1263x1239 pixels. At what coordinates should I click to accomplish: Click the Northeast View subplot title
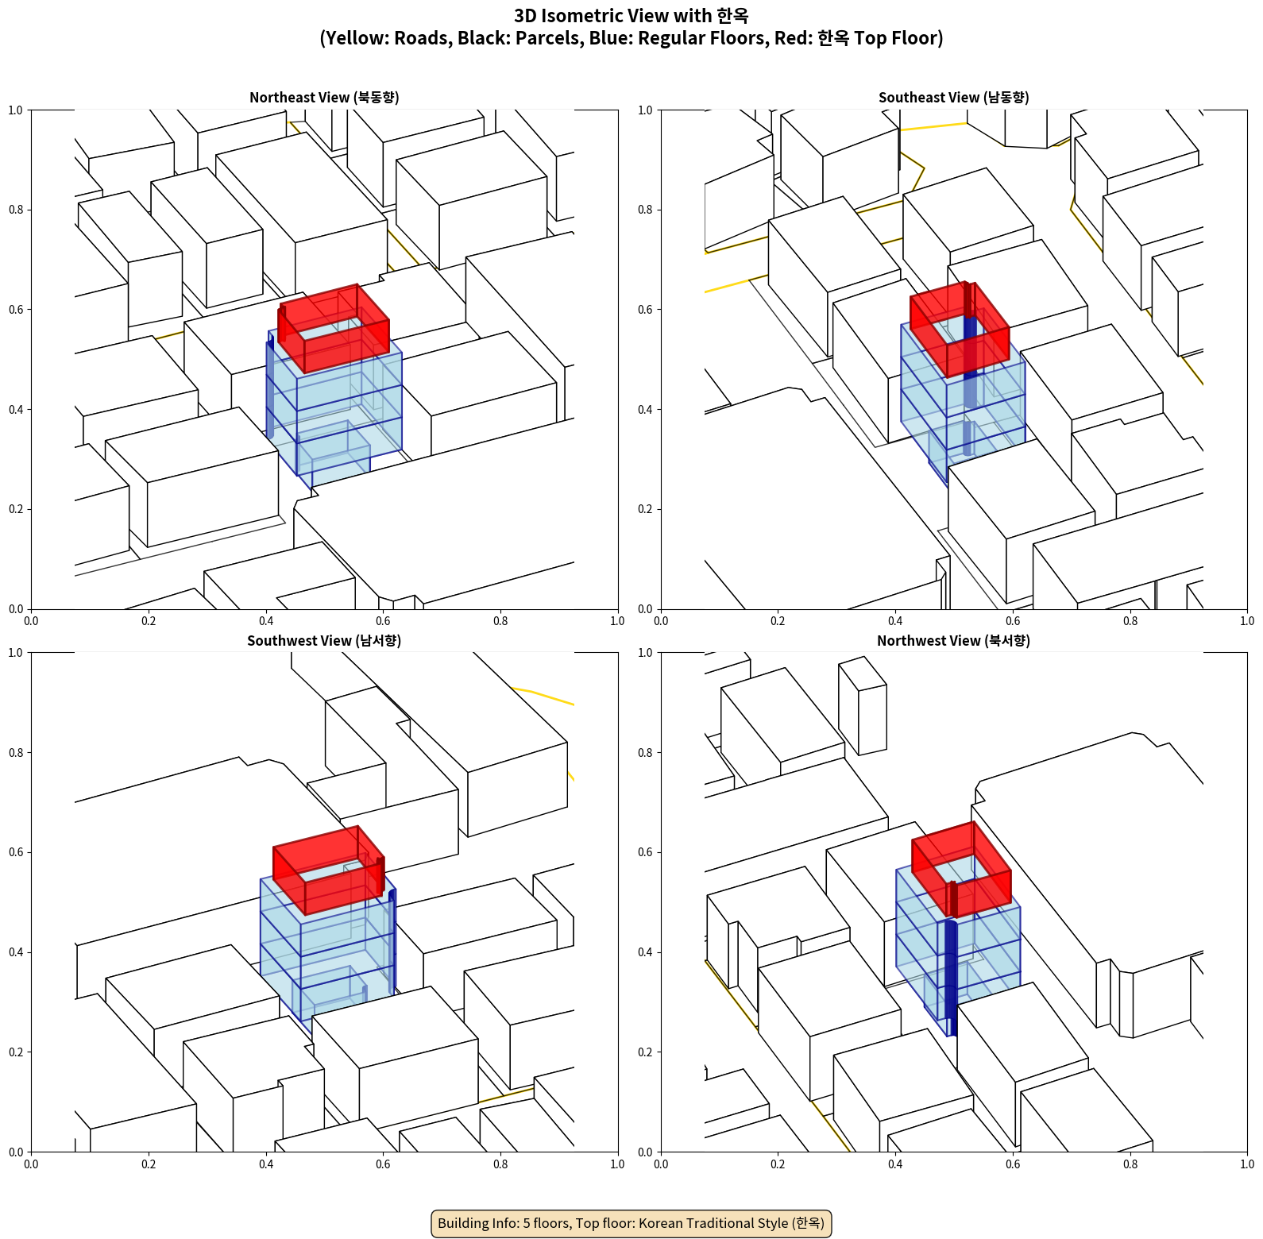[x=324, y=97]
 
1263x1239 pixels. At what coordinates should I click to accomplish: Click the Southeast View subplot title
[x=953, y=97]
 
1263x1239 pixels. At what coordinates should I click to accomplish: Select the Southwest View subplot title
[x=324, y=640]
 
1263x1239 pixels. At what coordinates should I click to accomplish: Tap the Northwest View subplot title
[x=953, y=640]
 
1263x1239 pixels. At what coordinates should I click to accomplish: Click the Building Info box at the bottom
[x=631, y=1223]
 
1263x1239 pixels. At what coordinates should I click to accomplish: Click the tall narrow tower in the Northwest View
[x=863, y=705]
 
